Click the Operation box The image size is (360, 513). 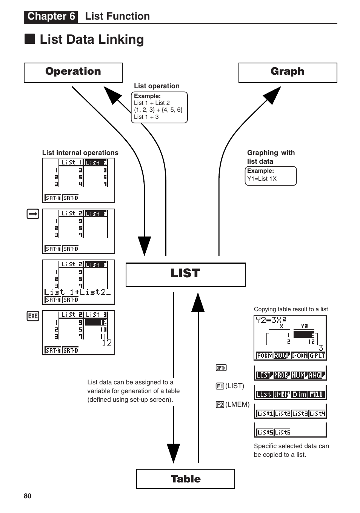tap(73, 72)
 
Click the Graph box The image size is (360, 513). tap(288, 72)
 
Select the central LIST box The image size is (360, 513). tap(185, 275)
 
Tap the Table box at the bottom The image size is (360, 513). tap(185, 479)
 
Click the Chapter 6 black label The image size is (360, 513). tap(51, 17)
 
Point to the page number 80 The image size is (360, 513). tap(28, 496)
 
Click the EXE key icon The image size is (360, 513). tap(33, 316)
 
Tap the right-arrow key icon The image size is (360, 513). tap(33, 214)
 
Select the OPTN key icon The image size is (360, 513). tap(221, 368)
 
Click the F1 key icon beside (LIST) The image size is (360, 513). tap(220, 386)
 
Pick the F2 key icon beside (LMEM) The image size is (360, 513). tap(220, 404)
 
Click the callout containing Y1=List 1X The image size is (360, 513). tap(271, 176)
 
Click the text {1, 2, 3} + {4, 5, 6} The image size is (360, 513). tap(158, 110)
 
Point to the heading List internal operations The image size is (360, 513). tap(80, 153)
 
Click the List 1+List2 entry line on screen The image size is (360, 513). tap(77, 292)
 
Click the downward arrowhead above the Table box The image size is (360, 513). tap(174, 453)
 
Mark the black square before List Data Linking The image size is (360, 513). tap(30, 39)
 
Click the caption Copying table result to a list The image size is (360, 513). tap(291, 309)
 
